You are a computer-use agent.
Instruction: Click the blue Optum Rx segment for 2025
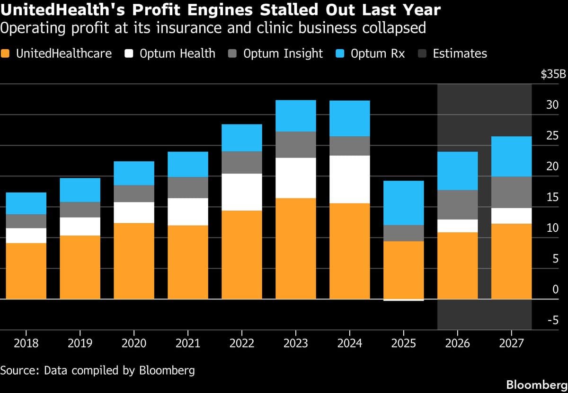(403, 203)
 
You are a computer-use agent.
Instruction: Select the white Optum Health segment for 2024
(349, 179)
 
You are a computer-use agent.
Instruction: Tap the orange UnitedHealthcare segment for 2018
(26, 271)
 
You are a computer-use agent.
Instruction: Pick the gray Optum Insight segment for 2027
(511, 192)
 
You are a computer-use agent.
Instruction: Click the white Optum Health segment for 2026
(457, 226)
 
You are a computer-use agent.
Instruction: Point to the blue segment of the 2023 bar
(295, 116)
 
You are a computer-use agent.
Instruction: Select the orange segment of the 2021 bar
(188, 262)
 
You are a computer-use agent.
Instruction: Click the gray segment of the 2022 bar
(242, 163)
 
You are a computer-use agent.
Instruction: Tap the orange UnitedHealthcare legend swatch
(6, 53)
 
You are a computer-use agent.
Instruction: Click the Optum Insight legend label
(283, 53)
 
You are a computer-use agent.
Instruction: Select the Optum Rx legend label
(378, 53)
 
